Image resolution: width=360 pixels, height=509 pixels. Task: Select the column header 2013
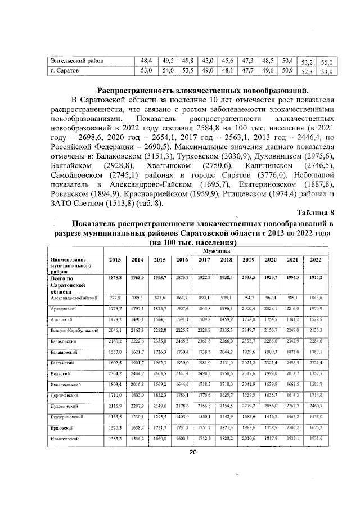pos(115,259)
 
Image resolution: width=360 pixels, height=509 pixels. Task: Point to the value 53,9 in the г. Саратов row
pos(327,72)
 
